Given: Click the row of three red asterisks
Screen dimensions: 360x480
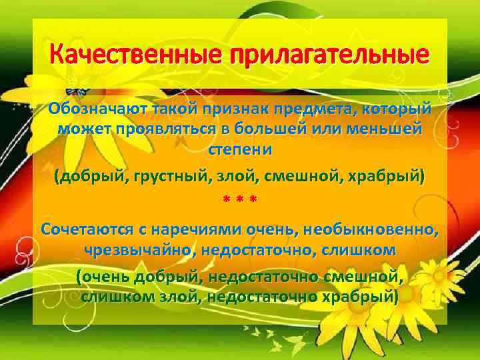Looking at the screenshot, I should pyautogui.click(x=239, y=201).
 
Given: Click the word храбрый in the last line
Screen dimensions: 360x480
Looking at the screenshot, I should pyautogui.click(x=359, y=295).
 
